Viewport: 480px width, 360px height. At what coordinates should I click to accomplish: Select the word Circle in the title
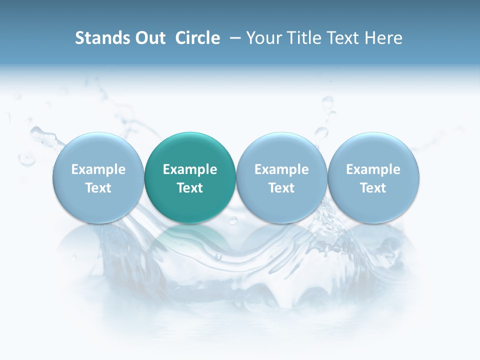coord(197,38)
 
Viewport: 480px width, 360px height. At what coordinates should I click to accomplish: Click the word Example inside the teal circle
coord(190,169)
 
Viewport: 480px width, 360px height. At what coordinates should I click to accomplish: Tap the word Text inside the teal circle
coord(190,188)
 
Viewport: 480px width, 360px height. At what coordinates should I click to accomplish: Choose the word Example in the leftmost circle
coord(98,169)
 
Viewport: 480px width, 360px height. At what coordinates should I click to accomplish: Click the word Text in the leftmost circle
coord(98,188)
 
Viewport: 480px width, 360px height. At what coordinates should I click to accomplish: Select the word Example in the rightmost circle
coord(373,169)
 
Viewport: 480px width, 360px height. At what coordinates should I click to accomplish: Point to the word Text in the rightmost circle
coord(373,188)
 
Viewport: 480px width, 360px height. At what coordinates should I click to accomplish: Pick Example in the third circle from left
coord(281,169)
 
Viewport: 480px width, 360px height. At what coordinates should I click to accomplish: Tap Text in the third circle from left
coord(281,188)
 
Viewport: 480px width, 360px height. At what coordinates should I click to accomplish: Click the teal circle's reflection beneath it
coord(190,237)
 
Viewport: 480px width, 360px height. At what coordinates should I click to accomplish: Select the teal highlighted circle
coord(190,150)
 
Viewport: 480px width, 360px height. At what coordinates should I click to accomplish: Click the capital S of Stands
coord(79,38)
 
